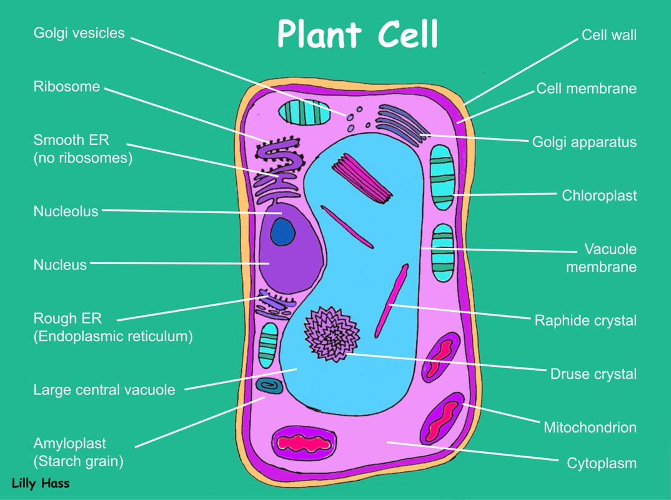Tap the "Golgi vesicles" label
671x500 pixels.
pyautogui.click(x=79, y=32)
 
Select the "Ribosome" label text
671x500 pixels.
pyautogui.click(x=67, y=87)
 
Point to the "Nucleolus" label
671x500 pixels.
pyautogui.click(x=66, y=211)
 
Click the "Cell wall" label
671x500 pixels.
pyautogui.click(x=609, y=35)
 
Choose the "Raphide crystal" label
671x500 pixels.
pyautogui.click(x=585, y=321)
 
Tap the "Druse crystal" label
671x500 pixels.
pyautogui.click(x=593, y=374)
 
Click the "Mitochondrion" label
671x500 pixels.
pyautogui.click(x=590, y=427)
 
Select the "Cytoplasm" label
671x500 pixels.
pyautogui.click(x=601, y=463)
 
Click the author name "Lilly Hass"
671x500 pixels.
pyautogui.click(x=41, y=483)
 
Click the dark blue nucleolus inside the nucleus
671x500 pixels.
pyautogui.click(x=282, y=232)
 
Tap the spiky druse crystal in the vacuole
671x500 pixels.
pyautogui.click(x=331, y=334)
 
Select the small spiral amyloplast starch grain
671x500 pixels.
pyautogui.click(x=269, y=386)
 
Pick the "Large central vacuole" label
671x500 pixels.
pyautogui.click(x=104, y=390)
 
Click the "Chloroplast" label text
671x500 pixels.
pyautogui.click(x=599, y=196)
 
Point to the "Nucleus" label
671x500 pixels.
pyautogui.click(x=60, y=265)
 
